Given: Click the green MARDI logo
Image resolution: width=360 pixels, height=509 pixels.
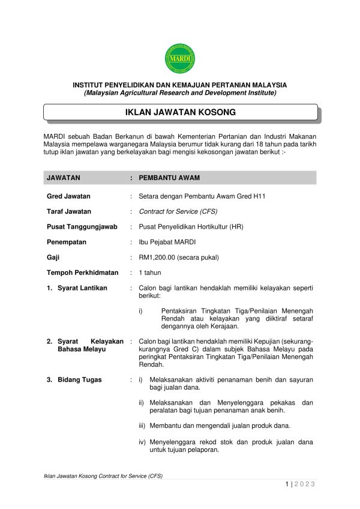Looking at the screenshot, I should pos(180,58).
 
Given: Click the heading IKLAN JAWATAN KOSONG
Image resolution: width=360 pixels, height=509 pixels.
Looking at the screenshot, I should pos(180,112).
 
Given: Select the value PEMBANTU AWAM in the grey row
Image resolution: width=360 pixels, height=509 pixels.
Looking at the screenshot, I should pos(169,178).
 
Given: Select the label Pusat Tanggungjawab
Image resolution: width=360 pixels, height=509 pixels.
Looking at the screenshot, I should pos(82,227).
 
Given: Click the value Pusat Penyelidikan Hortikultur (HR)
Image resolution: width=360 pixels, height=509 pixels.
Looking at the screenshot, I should pos(191,227).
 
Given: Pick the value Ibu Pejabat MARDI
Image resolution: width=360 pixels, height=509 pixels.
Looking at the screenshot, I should pos(167,242).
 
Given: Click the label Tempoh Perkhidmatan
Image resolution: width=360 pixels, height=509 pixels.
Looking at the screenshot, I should pos(83,273).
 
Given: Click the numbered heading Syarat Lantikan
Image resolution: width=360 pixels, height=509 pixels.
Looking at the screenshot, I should pos(82,288).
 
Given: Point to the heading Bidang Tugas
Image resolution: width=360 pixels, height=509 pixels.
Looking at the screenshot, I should pos(79,380).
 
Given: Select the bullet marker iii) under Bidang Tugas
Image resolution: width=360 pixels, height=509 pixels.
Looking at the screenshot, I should pos(142,426).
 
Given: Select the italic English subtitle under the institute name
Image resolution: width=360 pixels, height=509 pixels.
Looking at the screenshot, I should pos(180,93).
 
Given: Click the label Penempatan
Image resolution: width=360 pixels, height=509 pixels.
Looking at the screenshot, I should pos(67,242).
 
